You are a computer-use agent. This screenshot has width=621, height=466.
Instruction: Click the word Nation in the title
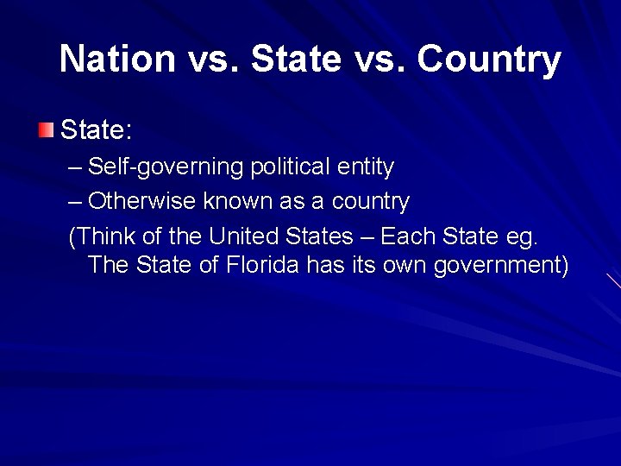pos(117,59)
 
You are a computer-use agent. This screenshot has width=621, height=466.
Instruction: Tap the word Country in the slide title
pos(489,59)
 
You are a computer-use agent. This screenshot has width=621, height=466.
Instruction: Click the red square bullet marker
pos(46,131)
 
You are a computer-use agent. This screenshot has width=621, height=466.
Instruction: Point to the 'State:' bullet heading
pos(96,131)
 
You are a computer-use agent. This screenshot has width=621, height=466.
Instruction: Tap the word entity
pos(365,166)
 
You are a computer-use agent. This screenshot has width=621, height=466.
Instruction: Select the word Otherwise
pos(142,201)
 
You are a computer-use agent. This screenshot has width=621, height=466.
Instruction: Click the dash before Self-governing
pos(75,166)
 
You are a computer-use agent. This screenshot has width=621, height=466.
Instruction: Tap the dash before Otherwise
pos(75,201)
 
